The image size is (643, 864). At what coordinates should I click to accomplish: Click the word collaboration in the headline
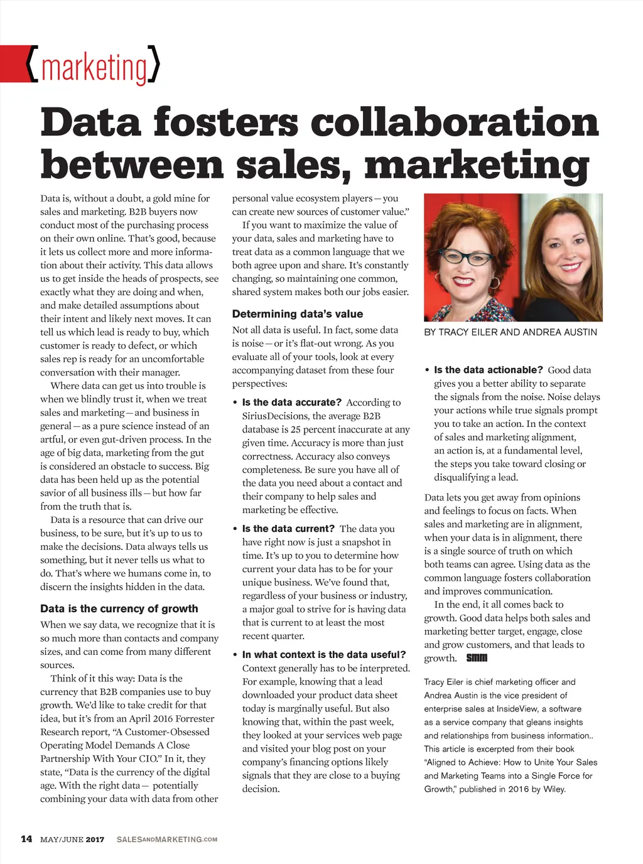point(455,122)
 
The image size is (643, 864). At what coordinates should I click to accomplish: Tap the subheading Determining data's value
point(297,314)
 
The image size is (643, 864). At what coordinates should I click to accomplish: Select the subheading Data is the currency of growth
point(119,608)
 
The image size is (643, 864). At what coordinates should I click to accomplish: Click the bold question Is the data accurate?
point(291,402)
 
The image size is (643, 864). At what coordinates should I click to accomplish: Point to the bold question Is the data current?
point(288,529)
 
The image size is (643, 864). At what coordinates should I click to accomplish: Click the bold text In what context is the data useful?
point(324,654)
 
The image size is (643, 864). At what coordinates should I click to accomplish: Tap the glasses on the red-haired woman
point(466,257)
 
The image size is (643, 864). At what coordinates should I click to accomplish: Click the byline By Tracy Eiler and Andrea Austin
point(510,332)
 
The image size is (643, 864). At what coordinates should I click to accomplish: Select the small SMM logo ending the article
point(477,658)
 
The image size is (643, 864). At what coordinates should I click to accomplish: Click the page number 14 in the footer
point(26,839)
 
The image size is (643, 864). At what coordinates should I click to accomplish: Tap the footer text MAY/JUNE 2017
point(72,840)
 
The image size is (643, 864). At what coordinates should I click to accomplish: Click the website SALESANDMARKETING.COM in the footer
point(167,840)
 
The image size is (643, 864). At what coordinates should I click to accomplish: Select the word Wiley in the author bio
point(553,789)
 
